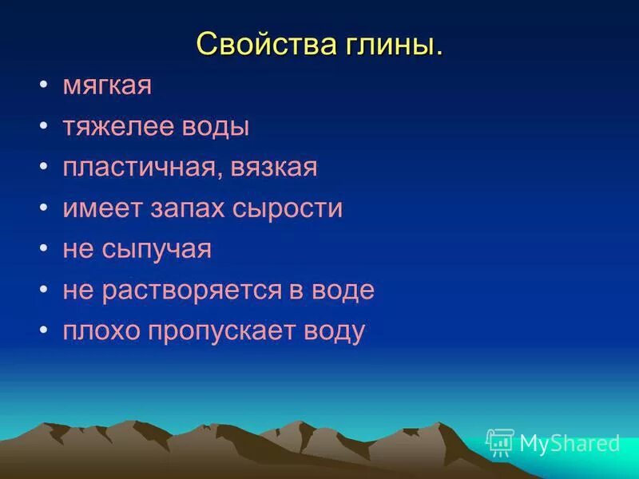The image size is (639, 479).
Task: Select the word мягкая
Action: pyautogui.click(x=107, y=86)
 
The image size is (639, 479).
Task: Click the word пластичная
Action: pyautogui.click(x=145, y=168)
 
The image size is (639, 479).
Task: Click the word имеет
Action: pyautogui.click(x=101, y=209)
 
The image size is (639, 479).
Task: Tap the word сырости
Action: pyautogui.click(x=288, y=209)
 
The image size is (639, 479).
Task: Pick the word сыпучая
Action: pyautogui.click(x=157, y=250)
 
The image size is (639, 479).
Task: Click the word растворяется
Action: pyautogui.click(x=191, y=291)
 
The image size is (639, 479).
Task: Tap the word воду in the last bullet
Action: pyautogui.click(x=336, y=331)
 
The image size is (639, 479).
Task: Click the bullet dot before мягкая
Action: pyautogui.click(x=43, y=86)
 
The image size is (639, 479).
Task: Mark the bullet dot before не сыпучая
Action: pyautogui.click(x=43, y=250)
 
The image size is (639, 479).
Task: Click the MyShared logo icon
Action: pyautogui.click(x=500, y=442)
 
